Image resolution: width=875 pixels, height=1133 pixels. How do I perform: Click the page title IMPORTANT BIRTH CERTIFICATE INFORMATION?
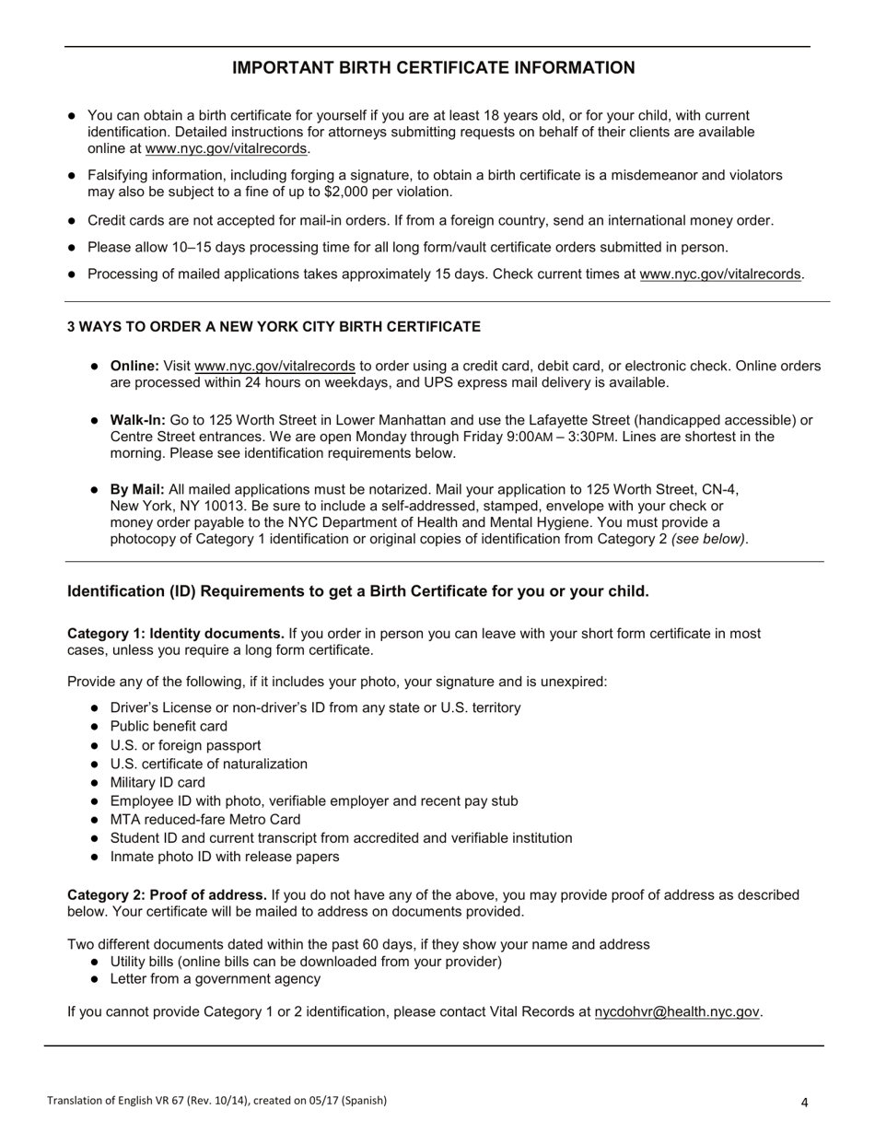point(433,68)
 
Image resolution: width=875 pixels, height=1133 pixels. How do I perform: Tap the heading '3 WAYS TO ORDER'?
point(274,327)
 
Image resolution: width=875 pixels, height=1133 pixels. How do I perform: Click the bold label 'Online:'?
point(134,366)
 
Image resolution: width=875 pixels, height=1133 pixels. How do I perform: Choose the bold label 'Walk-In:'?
point(138,420)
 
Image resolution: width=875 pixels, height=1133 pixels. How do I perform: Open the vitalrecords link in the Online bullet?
point(274,366)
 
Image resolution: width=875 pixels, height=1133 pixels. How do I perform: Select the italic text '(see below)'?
point(709,539)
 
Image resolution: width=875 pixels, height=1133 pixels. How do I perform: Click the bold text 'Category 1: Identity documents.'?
point(176,634)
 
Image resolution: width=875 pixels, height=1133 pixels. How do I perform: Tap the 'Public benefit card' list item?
point(169,726)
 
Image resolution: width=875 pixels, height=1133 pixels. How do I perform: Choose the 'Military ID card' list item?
point(157,782)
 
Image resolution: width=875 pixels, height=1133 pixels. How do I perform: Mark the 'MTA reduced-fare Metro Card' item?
point(204,819)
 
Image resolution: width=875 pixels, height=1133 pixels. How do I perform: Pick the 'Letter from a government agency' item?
point(215,978)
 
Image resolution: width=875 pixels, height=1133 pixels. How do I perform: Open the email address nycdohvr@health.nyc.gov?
point(677,1011)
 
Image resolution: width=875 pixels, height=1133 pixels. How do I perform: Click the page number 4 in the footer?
point(804,1102)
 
